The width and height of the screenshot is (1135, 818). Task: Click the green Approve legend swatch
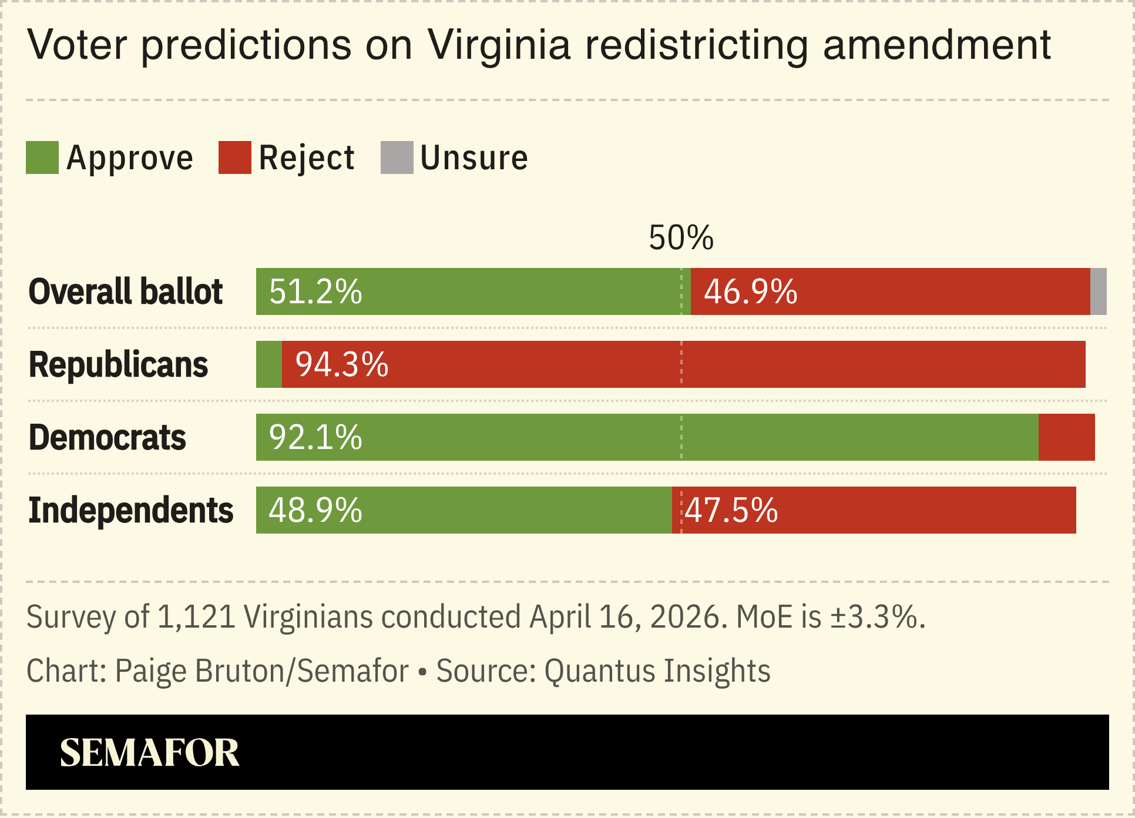(x=42, y=157)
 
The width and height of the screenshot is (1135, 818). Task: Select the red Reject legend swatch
(x=234, y=157)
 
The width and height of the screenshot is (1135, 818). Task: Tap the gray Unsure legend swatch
(x=397, y=157)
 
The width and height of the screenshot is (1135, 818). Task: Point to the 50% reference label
(x=681, y=238)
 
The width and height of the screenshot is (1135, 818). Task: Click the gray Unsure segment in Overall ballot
(x=1098, y=291)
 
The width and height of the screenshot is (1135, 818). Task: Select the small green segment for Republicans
(x=269, y=364)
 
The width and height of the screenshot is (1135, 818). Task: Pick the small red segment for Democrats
(x=1066, y=437)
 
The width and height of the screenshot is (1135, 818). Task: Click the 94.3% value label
(x=342, y=364)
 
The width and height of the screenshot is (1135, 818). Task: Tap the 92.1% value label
(x=315, y=437)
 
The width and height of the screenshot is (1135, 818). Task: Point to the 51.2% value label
(x=315, y=291)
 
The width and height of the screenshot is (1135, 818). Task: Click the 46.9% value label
(x=750, y=291)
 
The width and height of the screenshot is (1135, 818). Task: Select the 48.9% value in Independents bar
(x=315, y=510)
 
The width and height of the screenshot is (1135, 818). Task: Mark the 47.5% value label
(x=731, y=510)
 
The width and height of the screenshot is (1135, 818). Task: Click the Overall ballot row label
(x=126, y=291)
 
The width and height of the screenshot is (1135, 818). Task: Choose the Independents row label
(x=130, y=510)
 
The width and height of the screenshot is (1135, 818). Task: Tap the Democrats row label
(x=107, y=437)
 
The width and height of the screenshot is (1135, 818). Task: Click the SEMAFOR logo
(x=150, y=753)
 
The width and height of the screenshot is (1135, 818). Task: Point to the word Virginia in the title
(x=499, y=45)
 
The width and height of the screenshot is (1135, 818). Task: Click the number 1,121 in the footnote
(x=197, y=617)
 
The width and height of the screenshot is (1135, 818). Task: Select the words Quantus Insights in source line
(x=657, y=671)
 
